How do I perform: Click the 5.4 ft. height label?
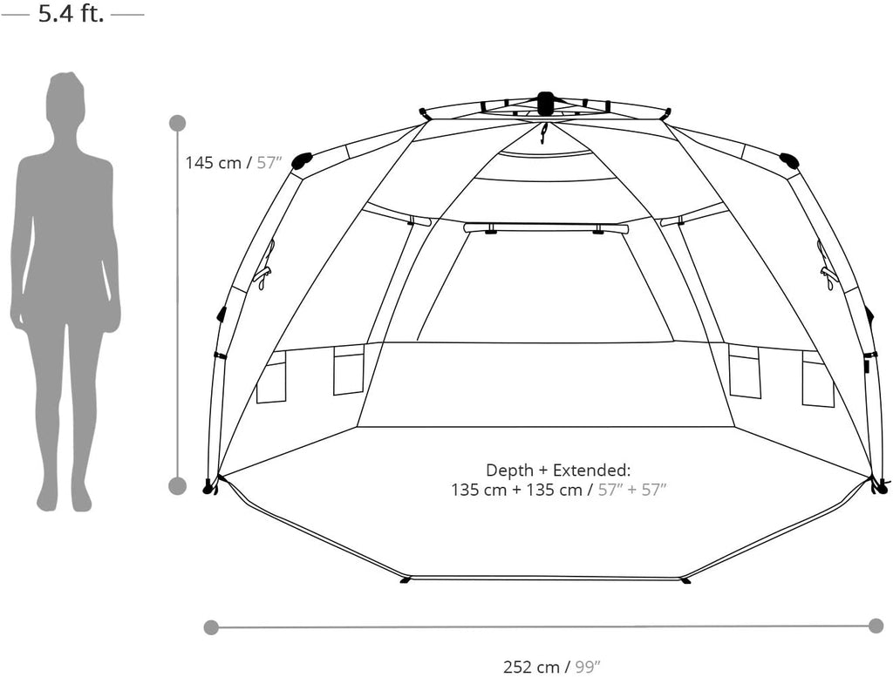72,13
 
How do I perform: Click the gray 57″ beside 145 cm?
269,163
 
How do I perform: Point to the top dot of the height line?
178,123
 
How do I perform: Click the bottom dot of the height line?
178,486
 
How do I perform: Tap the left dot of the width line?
211,627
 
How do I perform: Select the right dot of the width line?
876,626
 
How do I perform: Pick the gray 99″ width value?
588,667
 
